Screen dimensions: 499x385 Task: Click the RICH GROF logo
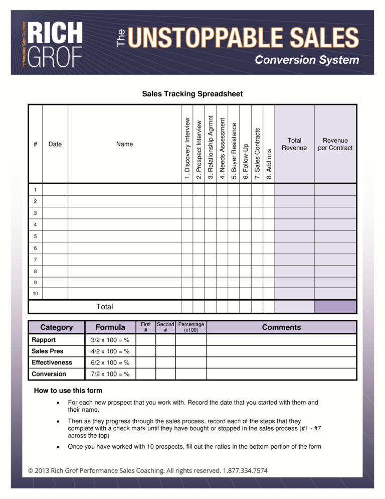tap(54, 44)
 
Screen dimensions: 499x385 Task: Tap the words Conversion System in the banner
tap(307, 60)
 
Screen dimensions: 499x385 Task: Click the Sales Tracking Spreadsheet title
tap(192, 94)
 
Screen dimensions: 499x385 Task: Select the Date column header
tap(55, 144)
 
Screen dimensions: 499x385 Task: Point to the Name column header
tap(124, 144)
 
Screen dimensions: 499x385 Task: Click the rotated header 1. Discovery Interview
tap(187, 148)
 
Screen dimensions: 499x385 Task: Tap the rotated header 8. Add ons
tap(269, 163)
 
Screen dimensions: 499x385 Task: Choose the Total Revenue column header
tap(294, 144)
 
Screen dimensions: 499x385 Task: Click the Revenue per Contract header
tap(335, 144)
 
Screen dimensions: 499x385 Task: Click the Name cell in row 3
tap(124, 213)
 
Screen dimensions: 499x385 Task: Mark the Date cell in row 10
tap(55, 294)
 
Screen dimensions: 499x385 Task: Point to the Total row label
tap(104, 307)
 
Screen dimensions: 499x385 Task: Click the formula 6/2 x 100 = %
tap(110, 362)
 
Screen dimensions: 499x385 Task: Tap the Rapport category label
tap(44, 340)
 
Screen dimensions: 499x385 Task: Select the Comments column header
tap(281, 327)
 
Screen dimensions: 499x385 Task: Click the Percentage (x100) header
tap(191, 327)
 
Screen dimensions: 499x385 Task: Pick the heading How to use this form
tap(68, 391)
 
